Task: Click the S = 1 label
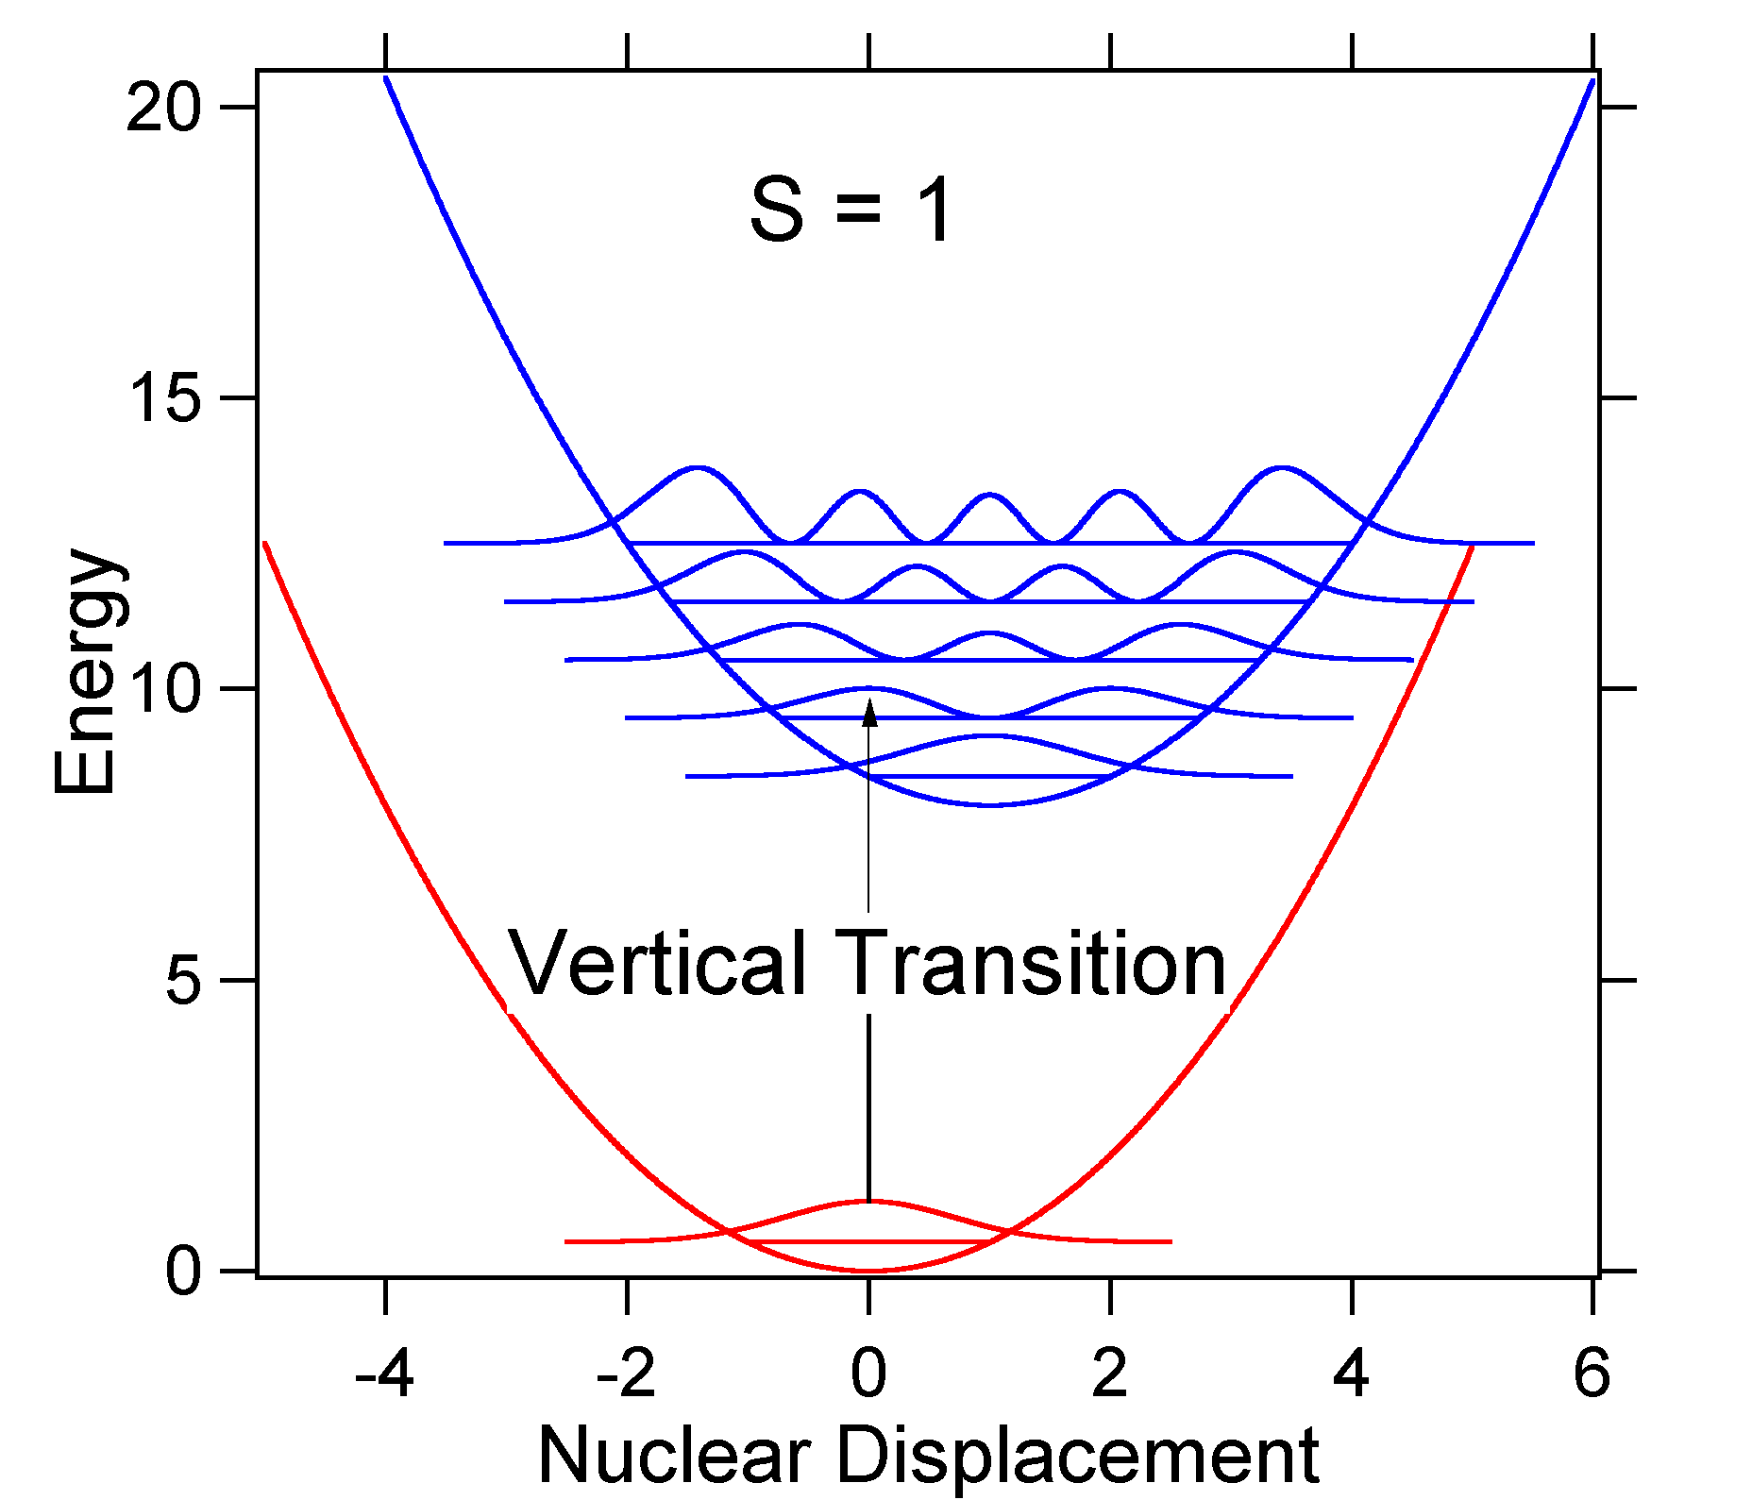point(851,210)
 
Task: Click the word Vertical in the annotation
point(658,964)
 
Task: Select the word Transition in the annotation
point(1031,964)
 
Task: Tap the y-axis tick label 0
point(183,1272)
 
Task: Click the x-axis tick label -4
point(384,1374)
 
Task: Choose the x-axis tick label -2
point(626,1374)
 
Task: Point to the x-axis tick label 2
point(1110,1374)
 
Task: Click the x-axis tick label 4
point(1352,1374)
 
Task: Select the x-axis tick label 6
point(1592,1374)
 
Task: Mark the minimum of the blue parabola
point(989,805)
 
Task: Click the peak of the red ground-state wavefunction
point(869,1201)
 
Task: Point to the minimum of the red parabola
point(869,1271)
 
